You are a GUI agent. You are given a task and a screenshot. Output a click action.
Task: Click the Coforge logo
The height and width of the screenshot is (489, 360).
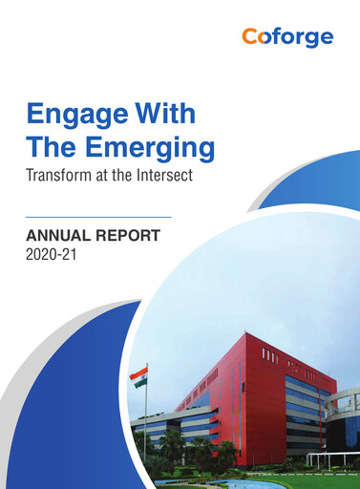[286, 37]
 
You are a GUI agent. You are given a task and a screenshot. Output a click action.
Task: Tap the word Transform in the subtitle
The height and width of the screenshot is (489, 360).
[58, 177]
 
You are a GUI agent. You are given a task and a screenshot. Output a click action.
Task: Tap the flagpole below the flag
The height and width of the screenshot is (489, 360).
[146, 420]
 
